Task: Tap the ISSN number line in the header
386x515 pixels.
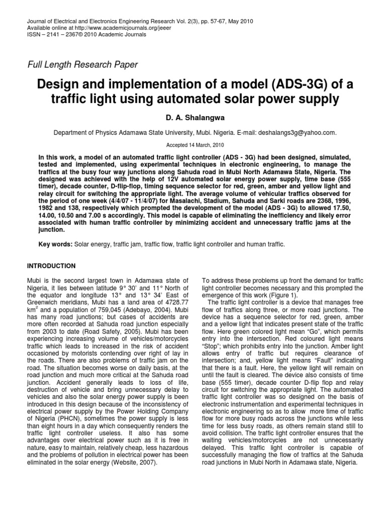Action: click(85, 35)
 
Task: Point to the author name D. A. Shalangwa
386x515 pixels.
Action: click(193, 118)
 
